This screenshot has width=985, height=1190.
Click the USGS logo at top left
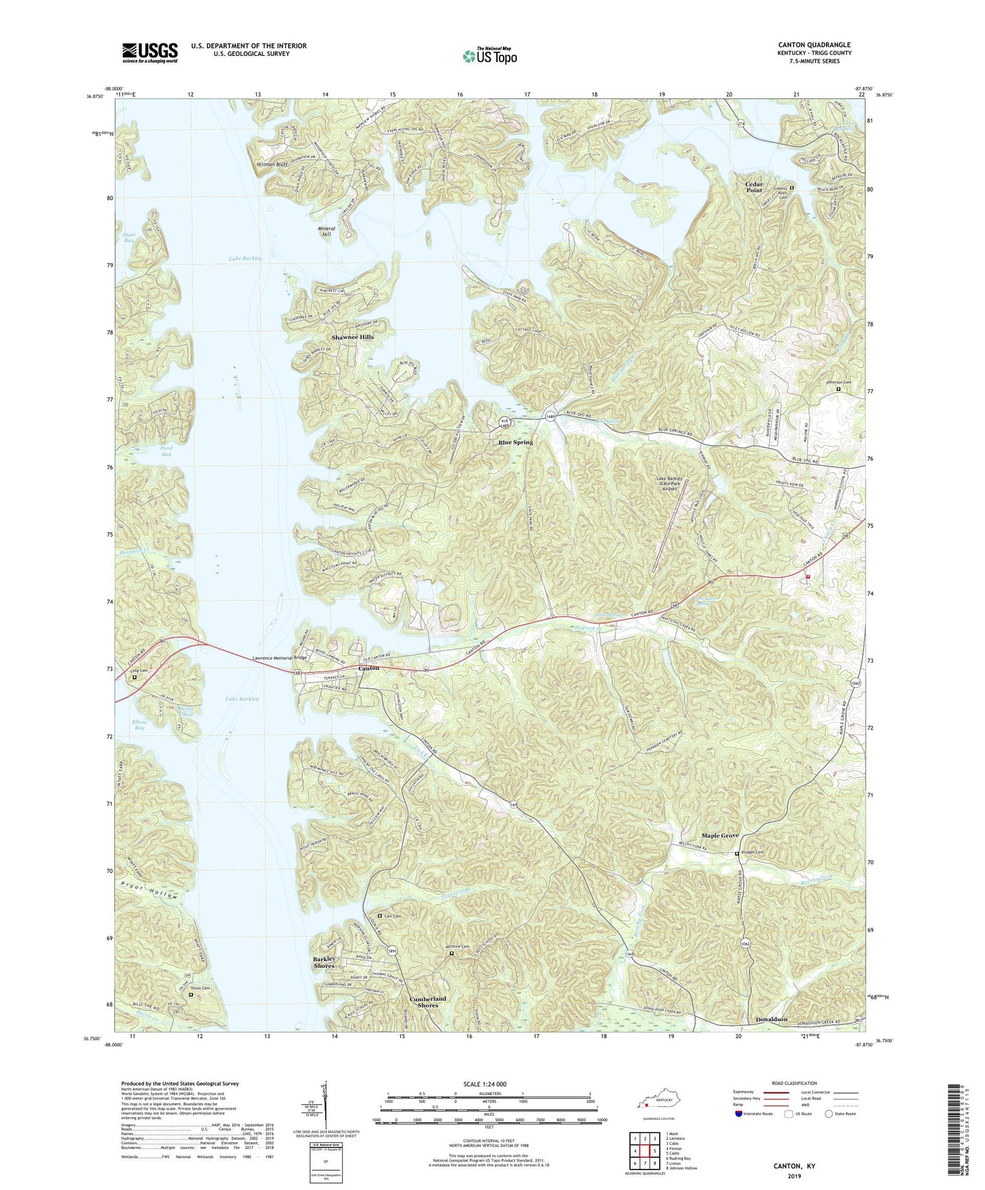click(x=150, y=52)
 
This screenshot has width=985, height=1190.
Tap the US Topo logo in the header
click(x=489, y=56)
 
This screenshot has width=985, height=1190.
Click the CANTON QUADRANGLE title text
click(x=814, y=45)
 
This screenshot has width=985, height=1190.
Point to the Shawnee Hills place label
click(x=352, y=337)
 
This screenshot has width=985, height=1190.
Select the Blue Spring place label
click(x=515, y=442)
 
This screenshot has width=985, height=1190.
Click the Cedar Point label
click(x=753, y=187)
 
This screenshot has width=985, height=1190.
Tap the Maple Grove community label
click(x=720, y=836)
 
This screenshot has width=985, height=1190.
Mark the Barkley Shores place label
click(x=324, y=962)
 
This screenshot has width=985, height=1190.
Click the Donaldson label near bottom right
click(x=771, y=1020)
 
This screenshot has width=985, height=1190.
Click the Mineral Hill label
click(x=327, y=231)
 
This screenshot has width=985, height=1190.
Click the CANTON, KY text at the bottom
click(x=793, y=1166)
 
